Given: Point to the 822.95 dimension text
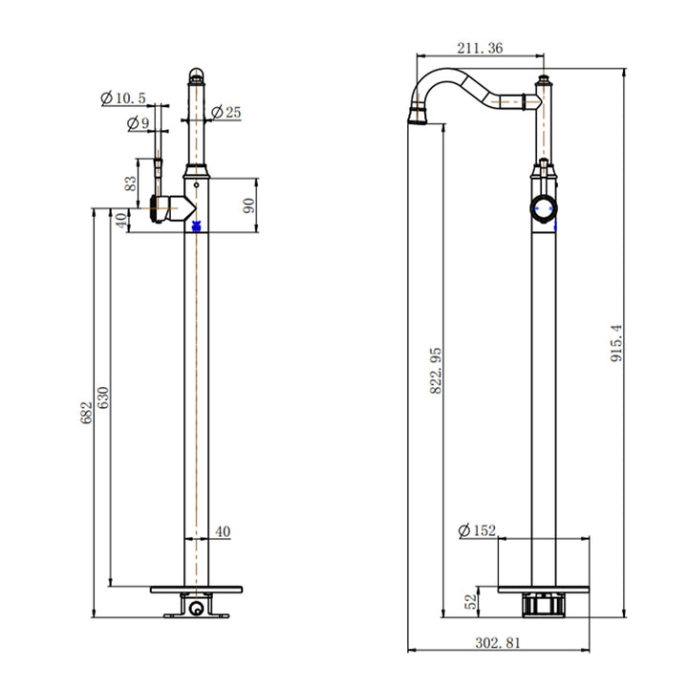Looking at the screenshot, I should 437,370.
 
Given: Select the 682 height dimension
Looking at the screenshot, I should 87,413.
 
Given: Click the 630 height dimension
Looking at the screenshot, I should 104,398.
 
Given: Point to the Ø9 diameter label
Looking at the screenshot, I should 139,122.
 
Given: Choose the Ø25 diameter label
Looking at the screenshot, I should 226,113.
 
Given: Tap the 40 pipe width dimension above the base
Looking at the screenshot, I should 222,531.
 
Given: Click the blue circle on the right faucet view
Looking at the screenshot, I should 544,209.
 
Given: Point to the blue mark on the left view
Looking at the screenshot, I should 196,226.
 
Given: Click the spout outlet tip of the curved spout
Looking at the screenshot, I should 417,118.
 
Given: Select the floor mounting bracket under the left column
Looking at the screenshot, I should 196,606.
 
